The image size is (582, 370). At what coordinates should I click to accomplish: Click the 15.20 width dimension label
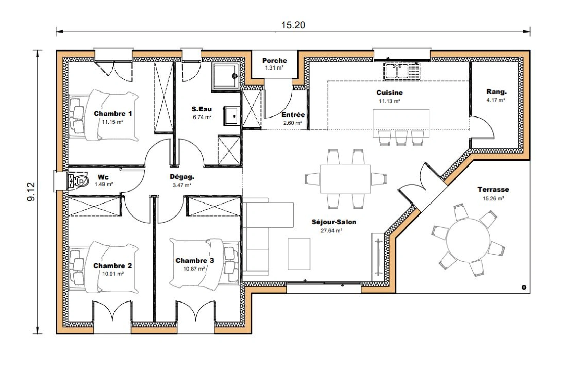point(293,25)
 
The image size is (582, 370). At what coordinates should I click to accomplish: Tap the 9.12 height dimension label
point(31,192)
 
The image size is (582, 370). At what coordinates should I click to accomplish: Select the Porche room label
point(274,61)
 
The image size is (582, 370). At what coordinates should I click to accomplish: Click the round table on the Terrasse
point(468,241)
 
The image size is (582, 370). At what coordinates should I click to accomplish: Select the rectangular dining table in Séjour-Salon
point(345,179)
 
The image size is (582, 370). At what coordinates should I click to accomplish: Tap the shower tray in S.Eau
point(225,76)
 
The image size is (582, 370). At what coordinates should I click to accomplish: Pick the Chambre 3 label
point(194,261)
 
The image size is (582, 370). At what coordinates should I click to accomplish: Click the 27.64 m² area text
point(331,231)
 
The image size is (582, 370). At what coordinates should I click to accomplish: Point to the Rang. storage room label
point(496,92)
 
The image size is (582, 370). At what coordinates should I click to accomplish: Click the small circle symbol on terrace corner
point(523,287)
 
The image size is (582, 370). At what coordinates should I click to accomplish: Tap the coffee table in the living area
point(299,254)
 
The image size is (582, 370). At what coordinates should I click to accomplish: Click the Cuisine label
point(389,92)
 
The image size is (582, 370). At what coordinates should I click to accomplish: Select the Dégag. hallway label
point(182,177)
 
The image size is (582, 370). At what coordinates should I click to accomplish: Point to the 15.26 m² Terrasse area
point(493,198)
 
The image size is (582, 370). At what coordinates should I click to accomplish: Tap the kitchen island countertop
point(401,119)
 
